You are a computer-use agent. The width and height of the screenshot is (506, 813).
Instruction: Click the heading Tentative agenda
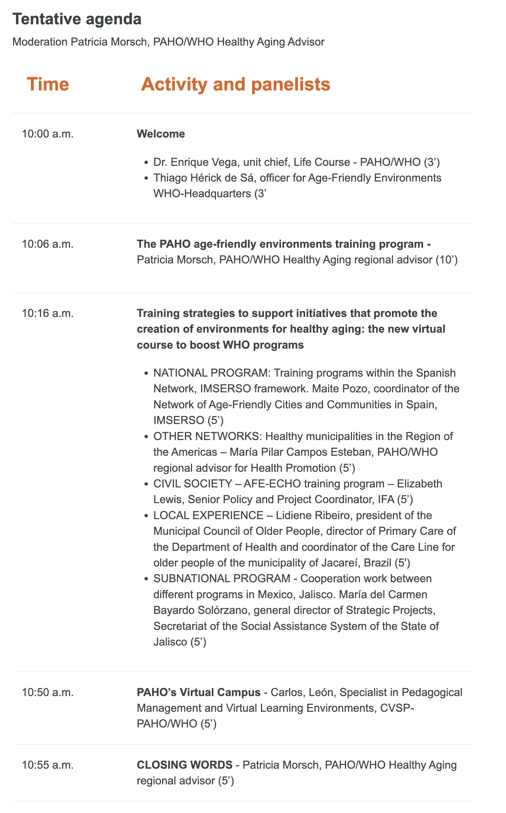(x=77, y=19)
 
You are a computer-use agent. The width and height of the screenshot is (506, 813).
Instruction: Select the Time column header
(x=48, y=84)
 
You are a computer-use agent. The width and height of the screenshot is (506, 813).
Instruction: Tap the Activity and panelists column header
(x=235, y=84)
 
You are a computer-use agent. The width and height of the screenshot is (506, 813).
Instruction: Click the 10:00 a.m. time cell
(x=48, y=134)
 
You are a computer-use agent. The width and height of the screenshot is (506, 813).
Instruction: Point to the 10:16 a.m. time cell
(x=48, y=314)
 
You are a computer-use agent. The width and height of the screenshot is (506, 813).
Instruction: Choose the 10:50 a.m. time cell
(x=48, y=692)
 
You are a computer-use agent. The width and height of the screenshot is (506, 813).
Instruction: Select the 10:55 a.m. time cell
(x=48, y=765)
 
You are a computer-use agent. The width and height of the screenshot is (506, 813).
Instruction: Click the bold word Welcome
(x=161, y=134)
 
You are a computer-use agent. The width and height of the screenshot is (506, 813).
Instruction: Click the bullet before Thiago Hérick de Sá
(x=146, y=178)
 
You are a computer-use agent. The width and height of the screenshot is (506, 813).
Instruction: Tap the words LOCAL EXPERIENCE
(x=208, y=515)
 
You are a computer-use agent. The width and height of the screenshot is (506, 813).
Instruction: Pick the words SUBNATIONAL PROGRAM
(x=222, y=579)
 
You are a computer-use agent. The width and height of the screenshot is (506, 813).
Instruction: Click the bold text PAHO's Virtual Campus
(x=199, y=692)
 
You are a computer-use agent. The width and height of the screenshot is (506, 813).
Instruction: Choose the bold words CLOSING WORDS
(x=184, y=765)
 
